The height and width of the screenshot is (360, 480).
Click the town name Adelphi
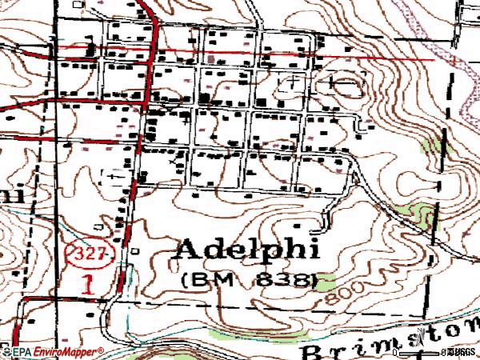[246, 249]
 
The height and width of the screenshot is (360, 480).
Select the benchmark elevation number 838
[284, 281]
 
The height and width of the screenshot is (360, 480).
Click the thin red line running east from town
[384, 58]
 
